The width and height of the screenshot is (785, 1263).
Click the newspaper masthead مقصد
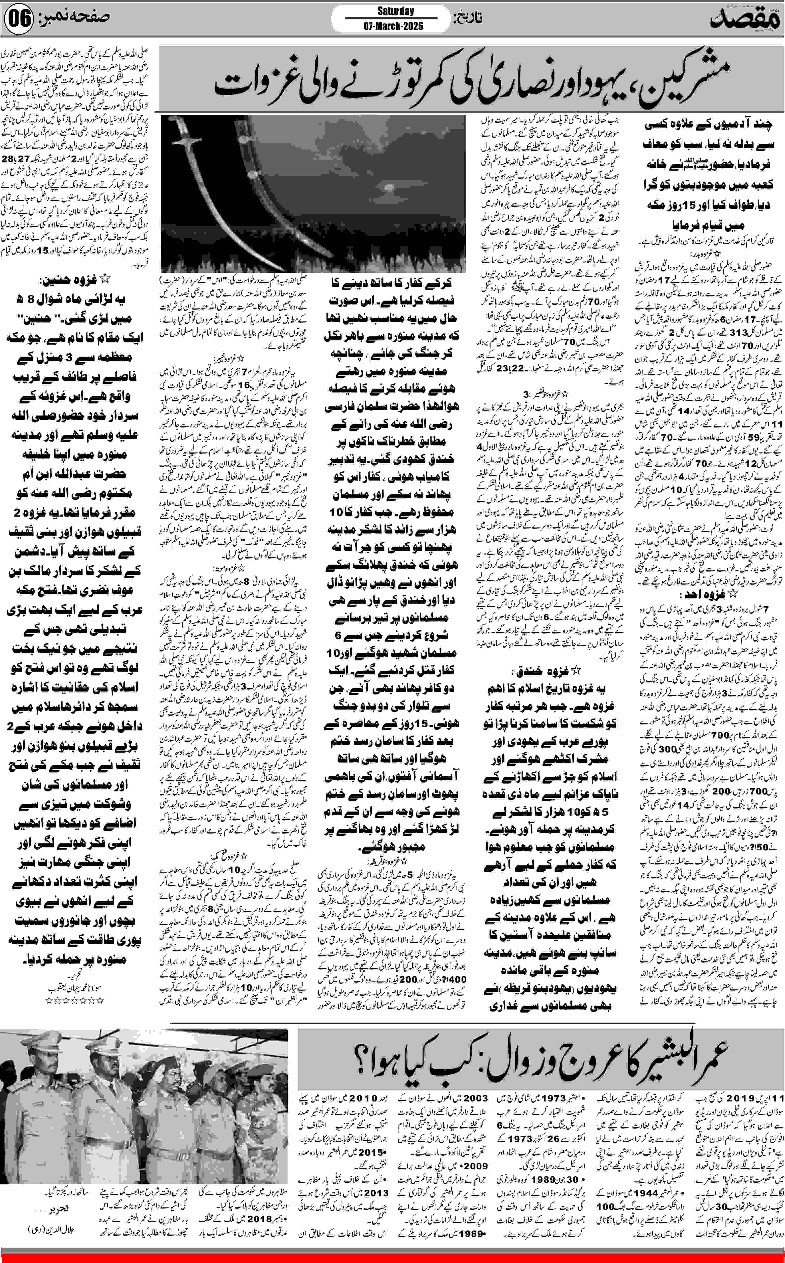748,19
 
